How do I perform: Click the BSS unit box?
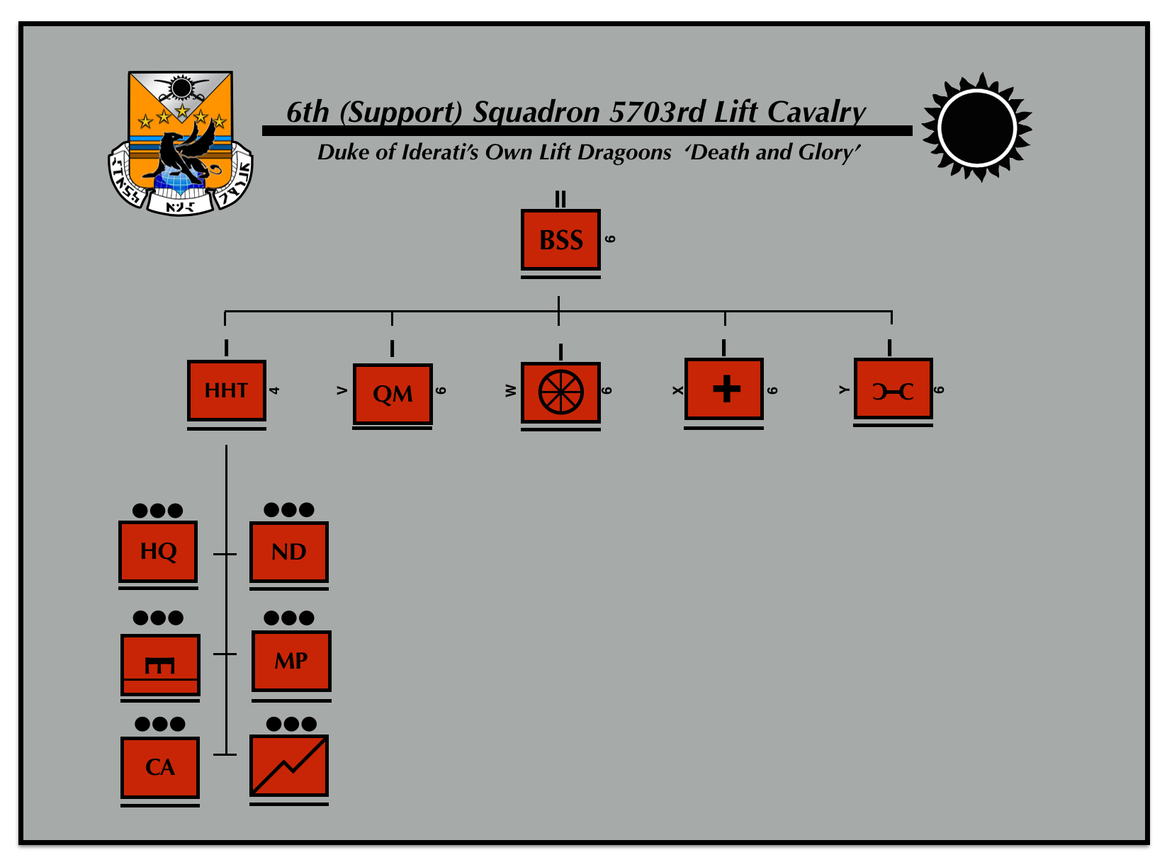point(560,239)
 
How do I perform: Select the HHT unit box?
point(226,390)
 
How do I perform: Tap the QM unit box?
point(393,394)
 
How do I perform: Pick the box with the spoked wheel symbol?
point(560,392)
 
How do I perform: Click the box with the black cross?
point(724,389)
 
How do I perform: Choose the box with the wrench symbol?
point(893,390)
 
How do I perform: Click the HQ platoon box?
point(158,551)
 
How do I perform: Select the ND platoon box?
point(288,551)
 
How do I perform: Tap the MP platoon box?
point(291,660)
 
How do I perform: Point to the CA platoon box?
point(160,767)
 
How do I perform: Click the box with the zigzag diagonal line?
point(289,766)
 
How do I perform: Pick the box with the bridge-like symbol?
point(160,665)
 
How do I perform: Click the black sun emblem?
point(977,127)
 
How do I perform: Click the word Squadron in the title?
point(536,112)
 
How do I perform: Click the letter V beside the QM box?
point(342,390)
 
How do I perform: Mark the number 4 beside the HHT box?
point(275,390)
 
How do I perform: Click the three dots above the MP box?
point(289,618)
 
